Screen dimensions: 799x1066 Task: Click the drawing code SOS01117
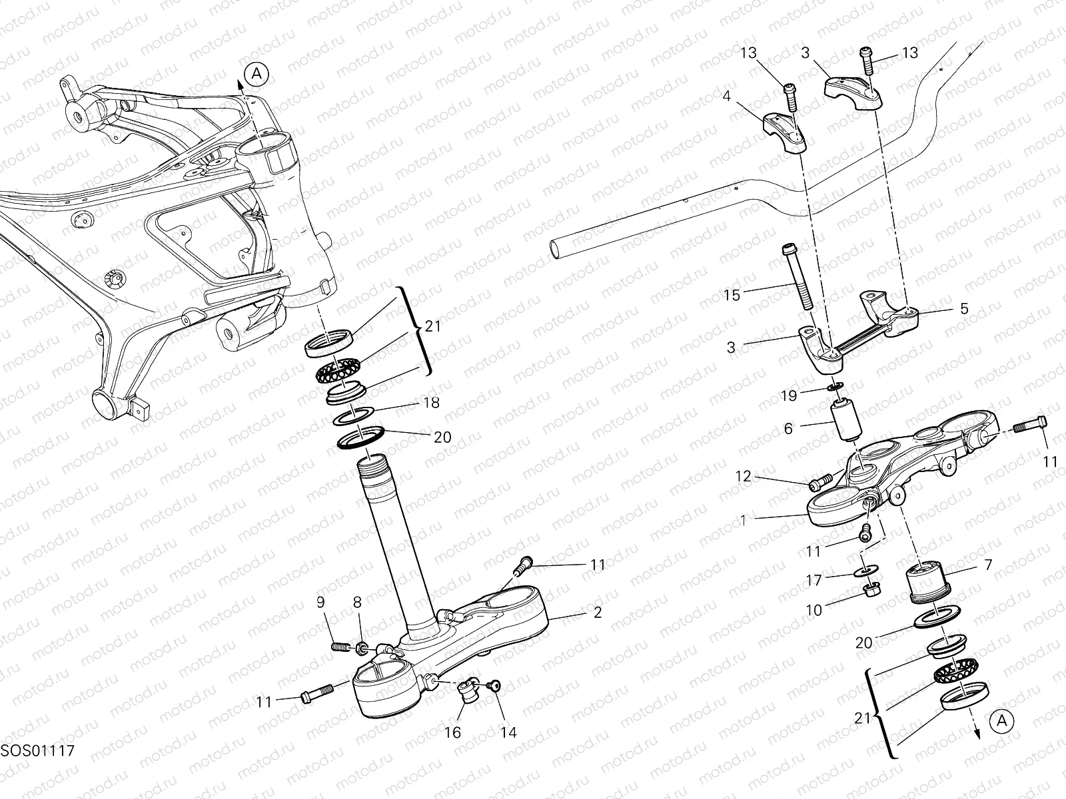tap(37, 750)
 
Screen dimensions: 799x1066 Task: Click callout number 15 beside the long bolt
tap(732, 295)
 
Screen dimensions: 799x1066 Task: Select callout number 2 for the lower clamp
tap(597, 613)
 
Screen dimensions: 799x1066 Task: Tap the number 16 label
tap(452, 732)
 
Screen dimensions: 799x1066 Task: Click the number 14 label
tap(508, 732)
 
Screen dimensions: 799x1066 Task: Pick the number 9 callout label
tap(320, 603)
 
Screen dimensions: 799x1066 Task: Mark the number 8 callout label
tap(357, 603)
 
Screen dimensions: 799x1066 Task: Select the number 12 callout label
tap(743, 476)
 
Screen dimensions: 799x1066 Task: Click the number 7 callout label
tap(987, 565)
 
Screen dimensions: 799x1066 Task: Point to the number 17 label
tap(814, 581)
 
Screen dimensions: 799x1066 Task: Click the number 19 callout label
tap(789, 396)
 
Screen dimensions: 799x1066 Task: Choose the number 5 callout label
tap(963, 309)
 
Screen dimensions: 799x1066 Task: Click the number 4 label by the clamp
tap(726, 96)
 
